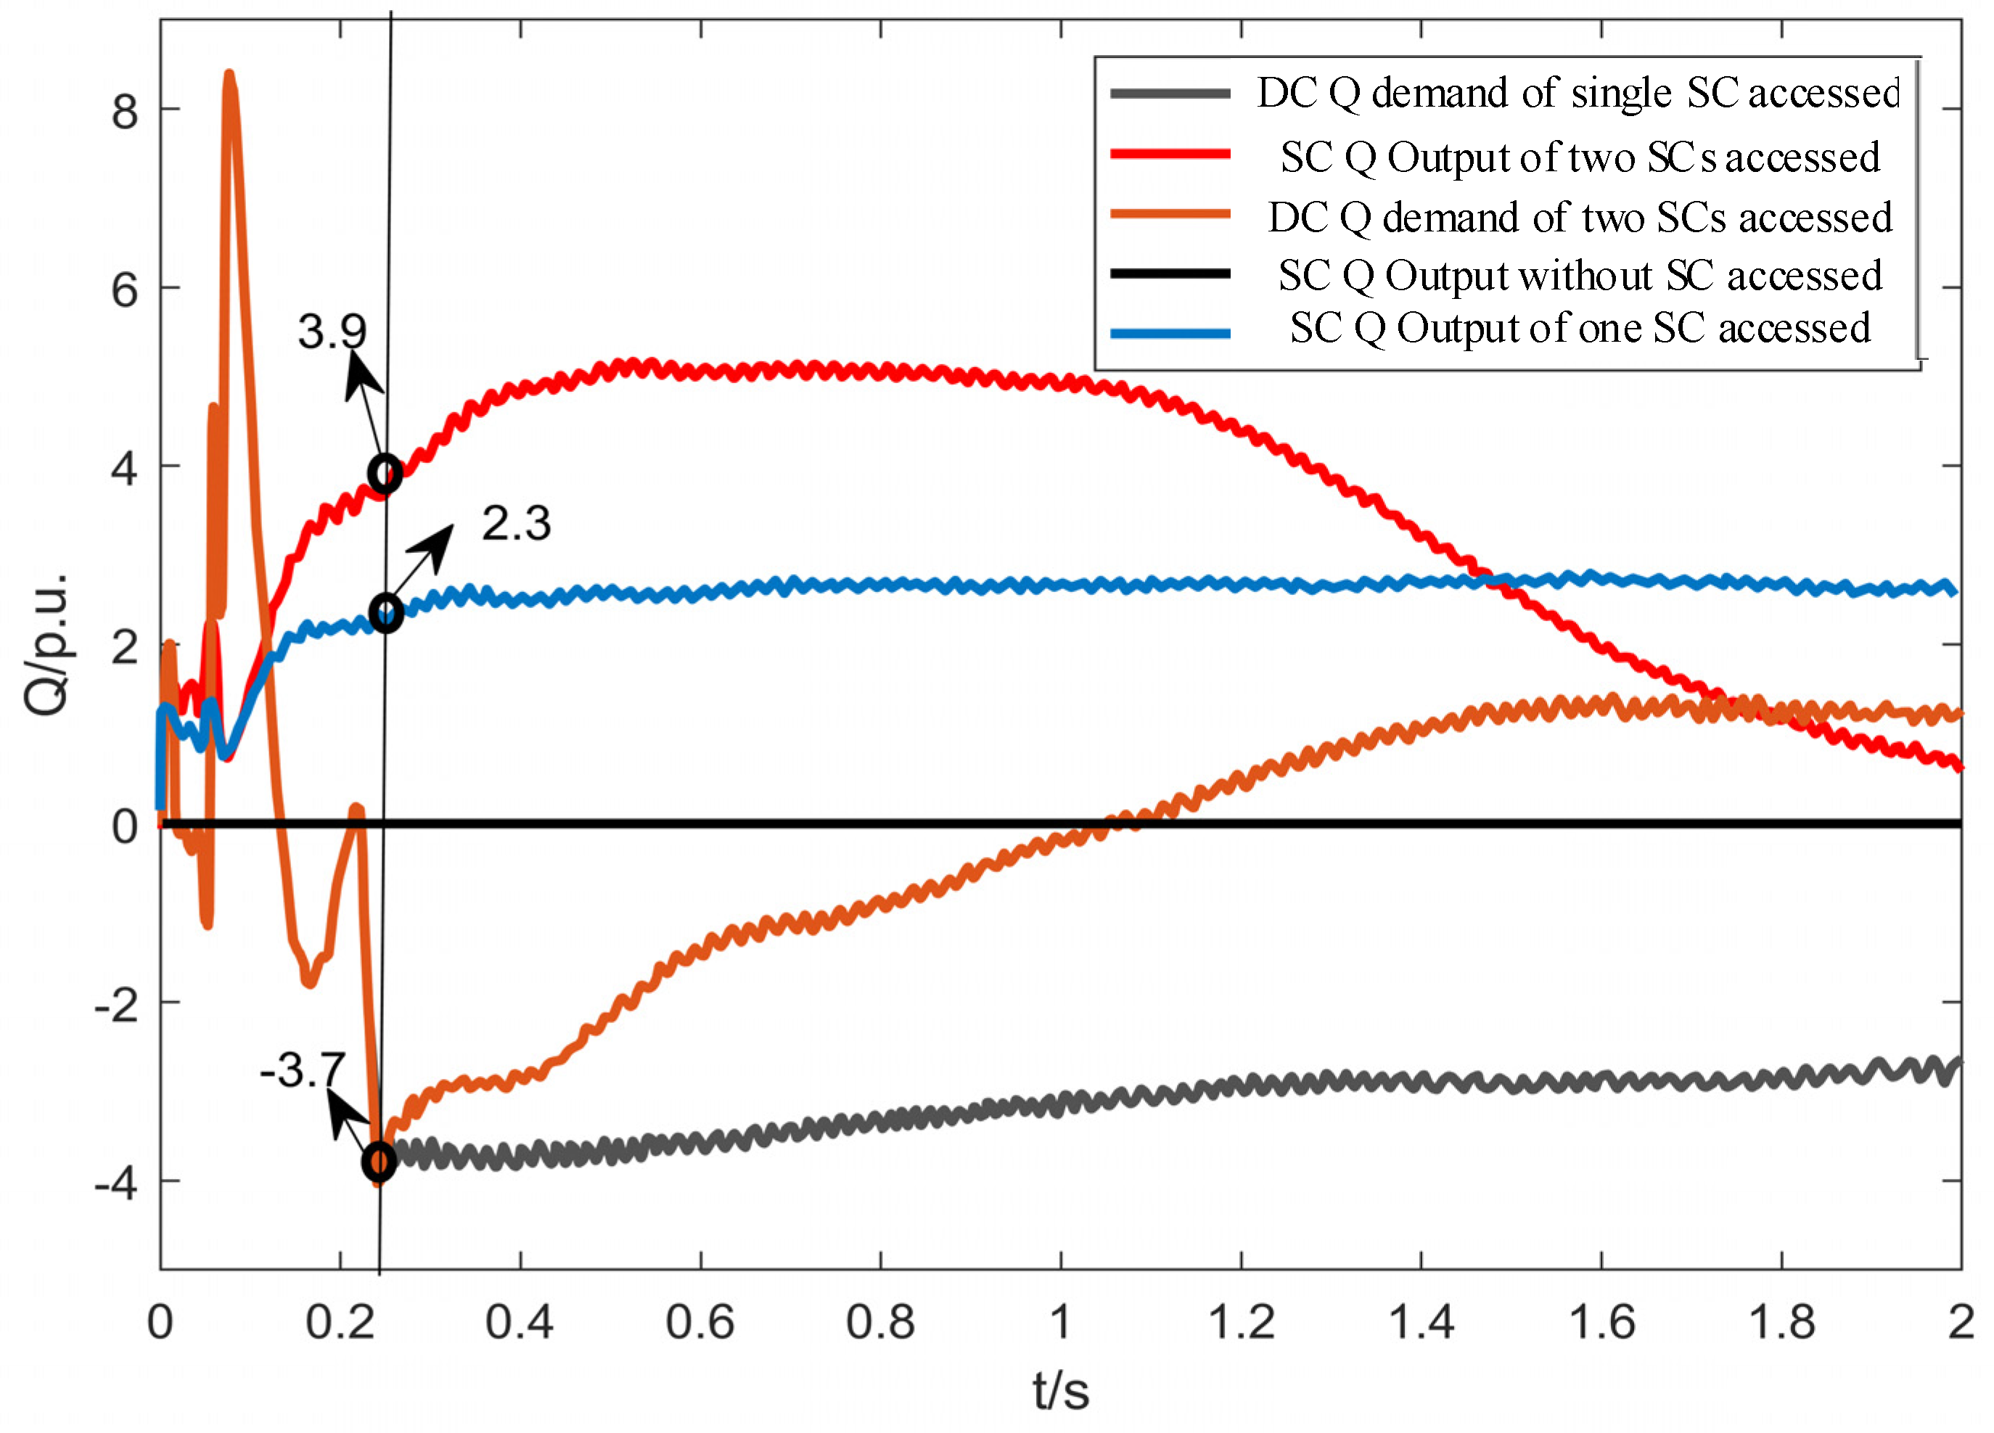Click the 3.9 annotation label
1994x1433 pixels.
(x=332, y=332)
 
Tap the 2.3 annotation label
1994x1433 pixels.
(x=516, y=524)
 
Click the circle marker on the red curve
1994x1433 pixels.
(x=385, y=475)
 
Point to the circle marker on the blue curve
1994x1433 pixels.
(x=386, y=613)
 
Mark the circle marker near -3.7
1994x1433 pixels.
(x=379, y=1162)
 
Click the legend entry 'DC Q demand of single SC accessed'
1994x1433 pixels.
(x=1578, y=93)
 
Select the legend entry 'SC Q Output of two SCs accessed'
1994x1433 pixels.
(x=1580, y=157)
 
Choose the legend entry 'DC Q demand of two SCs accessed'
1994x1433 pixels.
(x=1580, y=217)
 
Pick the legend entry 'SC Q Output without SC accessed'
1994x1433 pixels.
(x=1580, y=276)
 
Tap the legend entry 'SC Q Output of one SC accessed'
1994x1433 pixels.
(x=1580, y=328)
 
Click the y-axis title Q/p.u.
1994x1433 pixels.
(x=46, y=644)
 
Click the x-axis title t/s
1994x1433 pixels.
(x=1061, y=1391)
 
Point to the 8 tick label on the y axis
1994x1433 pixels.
(x=125, y=112)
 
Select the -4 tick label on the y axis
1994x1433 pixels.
(x=117, y=1183)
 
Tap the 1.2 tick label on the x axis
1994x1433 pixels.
(x=1241, y=1322)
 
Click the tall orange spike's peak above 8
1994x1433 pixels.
(x=229, y=78)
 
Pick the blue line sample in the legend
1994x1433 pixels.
(x=1170, y=334)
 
